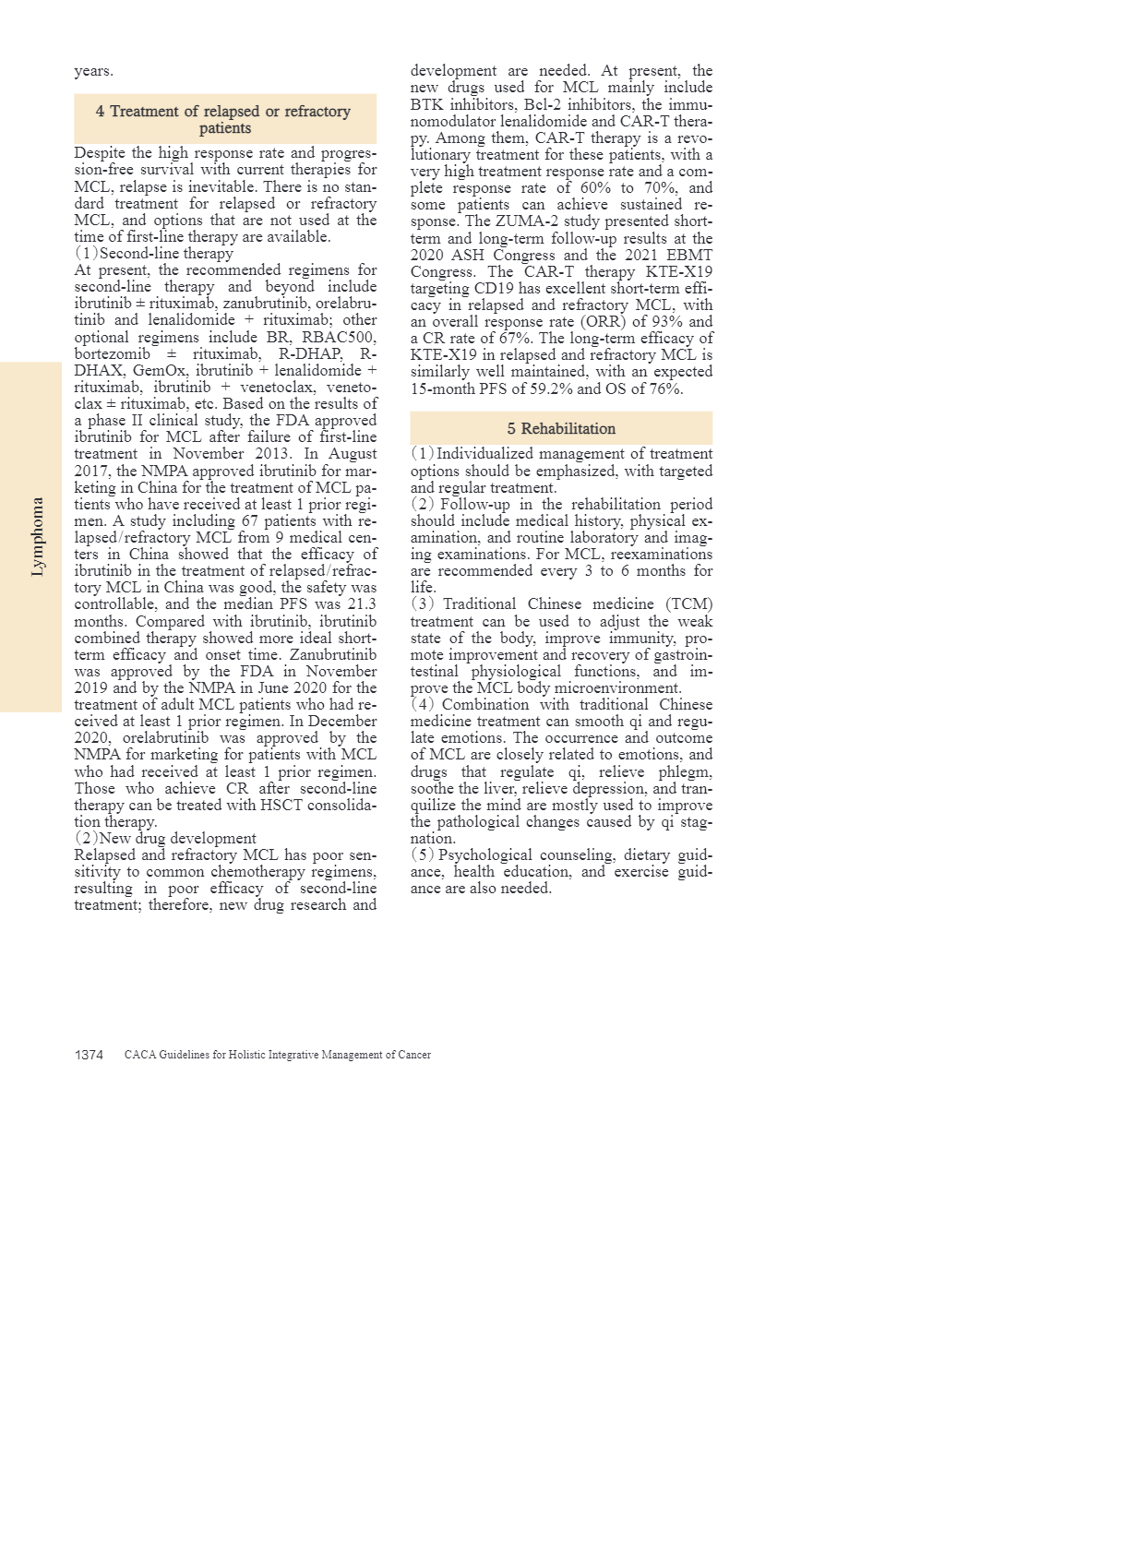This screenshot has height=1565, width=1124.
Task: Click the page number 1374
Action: [x=89, y=1055]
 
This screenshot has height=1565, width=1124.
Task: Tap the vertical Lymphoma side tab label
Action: [x=37, y=537]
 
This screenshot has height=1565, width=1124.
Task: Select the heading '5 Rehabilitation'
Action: [x=561, y=428]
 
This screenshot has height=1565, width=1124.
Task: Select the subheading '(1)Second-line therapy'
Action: [x=154, y=253]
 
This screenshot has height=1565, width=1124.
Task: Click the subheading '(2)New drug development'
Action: [x=165, y=838]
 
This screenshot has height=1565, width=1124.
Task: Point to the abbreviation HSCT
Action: [x=245, y=805]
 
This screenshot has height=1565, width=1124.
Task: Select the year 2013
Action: [x=267, y=454]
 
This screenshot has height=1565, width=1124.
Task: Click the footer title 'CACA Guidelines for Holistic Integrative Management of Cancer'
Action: [x=278, y=1055]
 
